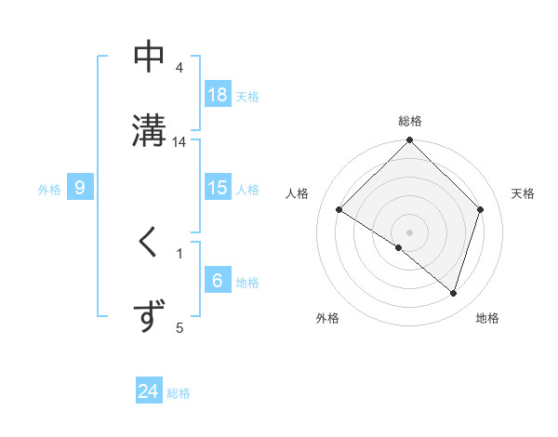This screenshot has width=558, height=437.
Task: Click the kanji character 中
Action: point(149,57)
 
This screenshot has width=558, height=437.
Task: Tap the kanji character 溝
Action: point(149,128)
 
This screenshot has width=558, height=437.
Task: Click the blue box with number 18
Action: point(218,95)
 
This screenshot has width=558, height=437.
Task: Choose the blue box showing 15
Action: point(218,188)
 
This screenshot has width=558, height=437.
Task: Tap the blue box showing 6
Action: point(218,281)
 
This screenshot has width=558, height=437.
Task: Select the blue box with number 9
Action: point(80,188)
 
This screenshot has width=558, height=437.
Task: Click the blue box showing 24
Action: point(149,391)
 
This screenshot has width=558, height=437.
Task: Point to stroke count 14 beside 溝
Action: point(179,141)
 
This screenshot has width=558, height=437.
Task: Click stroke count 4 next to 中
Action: point(179,68)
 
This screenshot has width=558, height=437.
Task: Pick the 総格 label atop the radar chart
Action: point(410,121)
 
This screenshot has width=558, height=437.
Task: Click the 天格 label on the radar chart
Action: point(523,193)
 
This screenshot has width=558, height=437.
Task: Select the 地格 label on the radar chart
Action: point(487,318)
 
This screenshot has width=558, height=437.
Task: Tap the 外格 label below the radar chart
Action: point(327,318)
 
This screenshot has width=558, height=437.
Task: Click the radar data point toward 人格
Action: point(339,210)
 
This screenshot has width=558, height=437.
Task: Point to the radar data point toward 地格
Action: point(453,293)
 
